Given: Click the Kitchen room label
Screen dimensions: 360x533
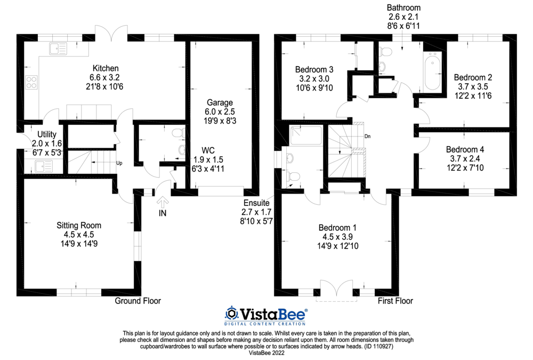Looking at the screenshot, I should pos(106,68).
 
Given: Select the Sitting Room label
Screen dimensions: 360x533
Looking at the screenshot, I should pos(79,226).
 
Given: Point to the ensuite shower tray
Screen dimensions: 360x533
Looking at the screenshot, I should pos(305,137).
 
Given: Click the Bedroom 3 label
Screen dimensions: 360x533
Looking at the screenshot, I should pos(314,69).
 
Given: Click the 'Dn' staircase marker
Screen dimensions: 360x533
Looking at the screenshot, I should pos(367,136).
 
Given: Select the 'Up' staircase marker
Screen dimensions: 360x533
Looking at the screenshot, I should pos(119,163).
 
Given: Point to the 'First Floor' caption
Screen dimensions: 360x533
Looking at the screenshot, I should pos(395,301).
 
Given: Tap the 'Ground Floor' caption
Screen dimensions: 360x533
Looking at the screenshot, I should pos(138,301).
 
